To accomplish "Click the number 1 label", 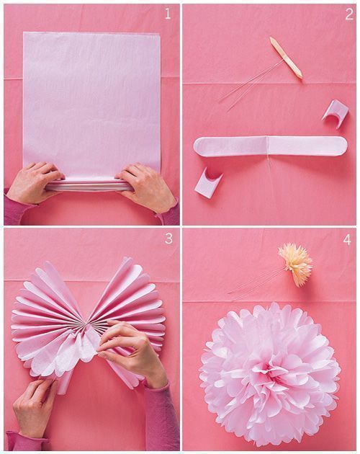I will (x=168, y=14).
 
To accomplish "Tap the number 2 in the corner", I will (x=348, y=14).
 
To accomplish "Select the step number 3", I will (x=168, y=239).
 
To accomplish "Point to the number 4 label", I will (x=348, y=239).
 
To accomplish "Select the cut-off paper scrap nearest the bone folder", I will (x=335, y=111).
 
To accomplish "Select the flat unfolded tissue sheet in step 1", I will (x=91, y=101).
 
